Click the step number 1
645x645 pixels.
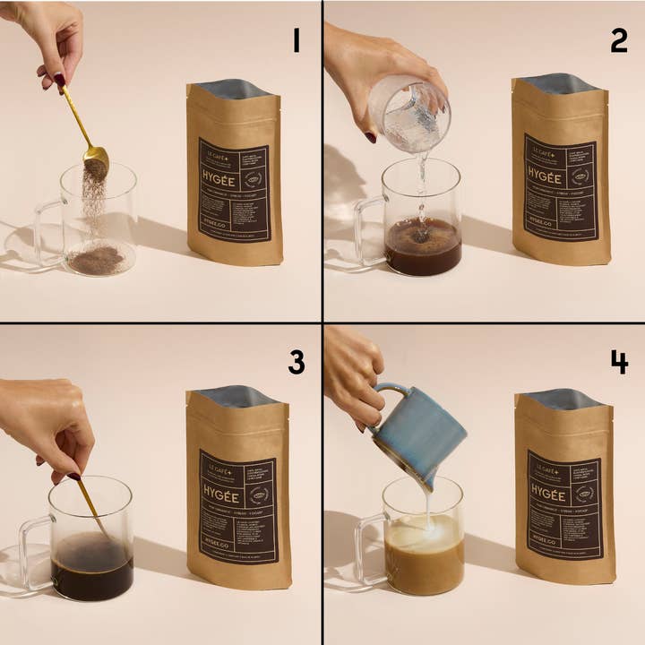click(x=297, y=39)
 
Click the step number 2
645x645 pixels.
click(x=618, y=39)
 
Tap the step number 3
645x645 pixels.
click(x=297, y=362)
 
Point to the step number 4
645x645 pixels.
click(x=618, y=362)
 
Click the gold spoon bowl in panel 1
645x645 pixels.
click(x=96, y=162)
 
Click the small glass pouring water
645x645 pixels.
click(x=409, y=112)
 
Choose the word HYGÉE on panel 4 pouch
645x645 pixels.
click(x=547, y=495)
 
